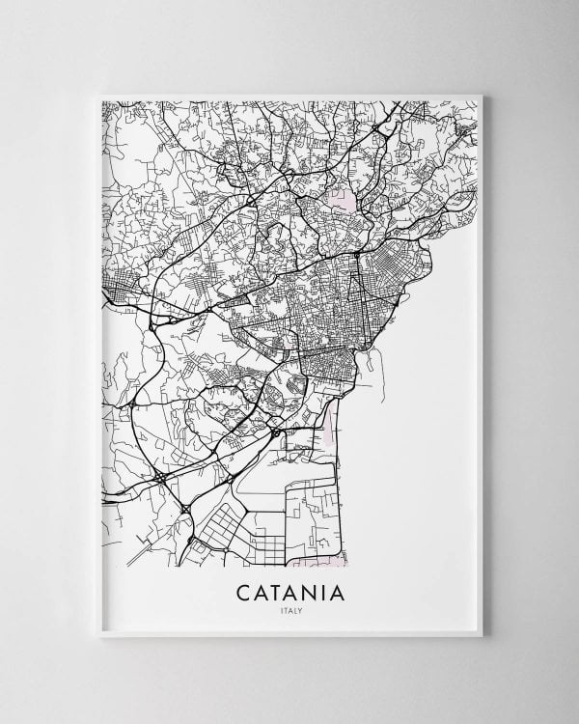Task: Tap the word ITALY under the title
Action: click(x=289, y=610)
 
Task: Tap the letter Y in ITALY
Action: click(x=300, y=610)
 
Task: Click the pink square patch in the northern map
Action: click(x=341, y=201)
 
